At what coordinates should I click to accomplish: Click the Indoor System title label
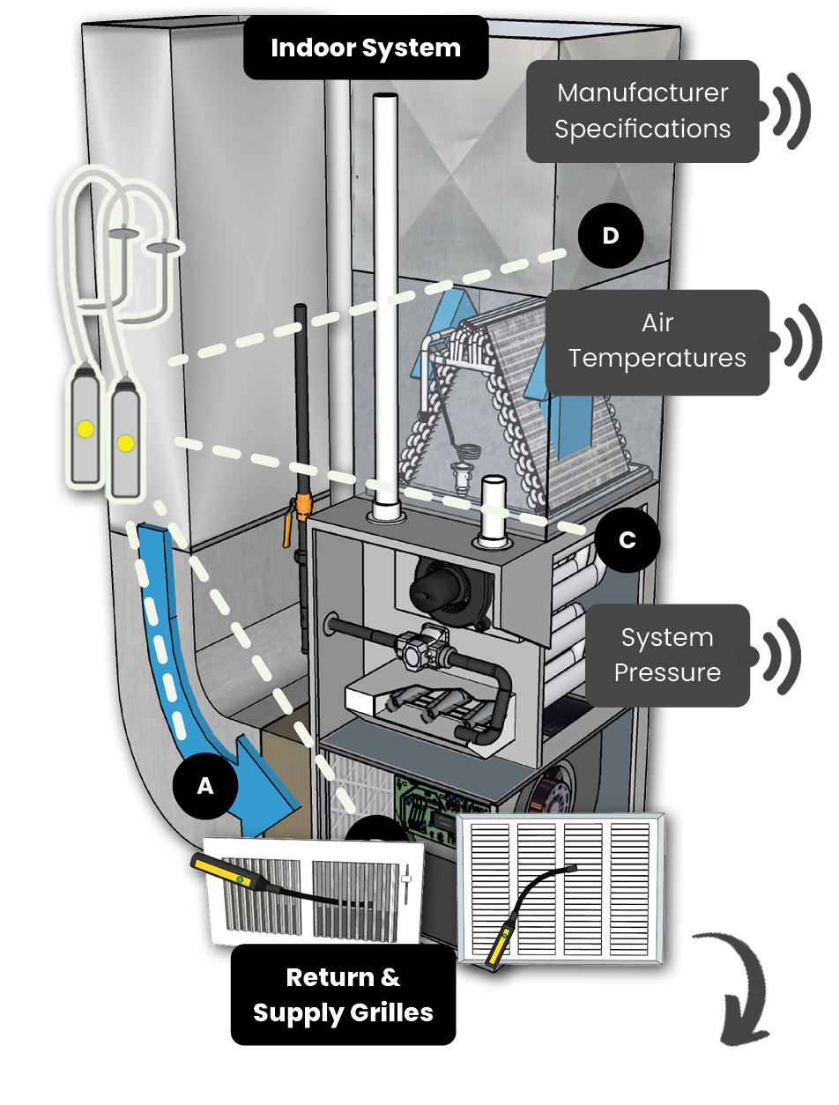[365, 48]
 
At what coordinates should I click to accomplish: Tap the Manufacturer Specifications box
[643, 111]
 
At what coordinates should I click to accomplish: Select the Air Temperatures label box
[657, 342]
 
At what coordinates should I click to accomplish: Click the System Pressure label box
[667, 655]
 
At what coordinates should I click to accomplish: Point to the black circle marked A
[205, 787]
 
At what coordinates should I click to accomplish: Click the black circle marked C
[627, 539]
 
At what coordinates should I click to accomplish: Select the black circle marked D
[610, 236]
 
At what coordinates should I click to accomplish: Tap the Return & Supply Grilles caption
[343, 995]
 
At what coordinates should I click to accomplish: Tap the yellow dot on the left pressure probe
[85, 429]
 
